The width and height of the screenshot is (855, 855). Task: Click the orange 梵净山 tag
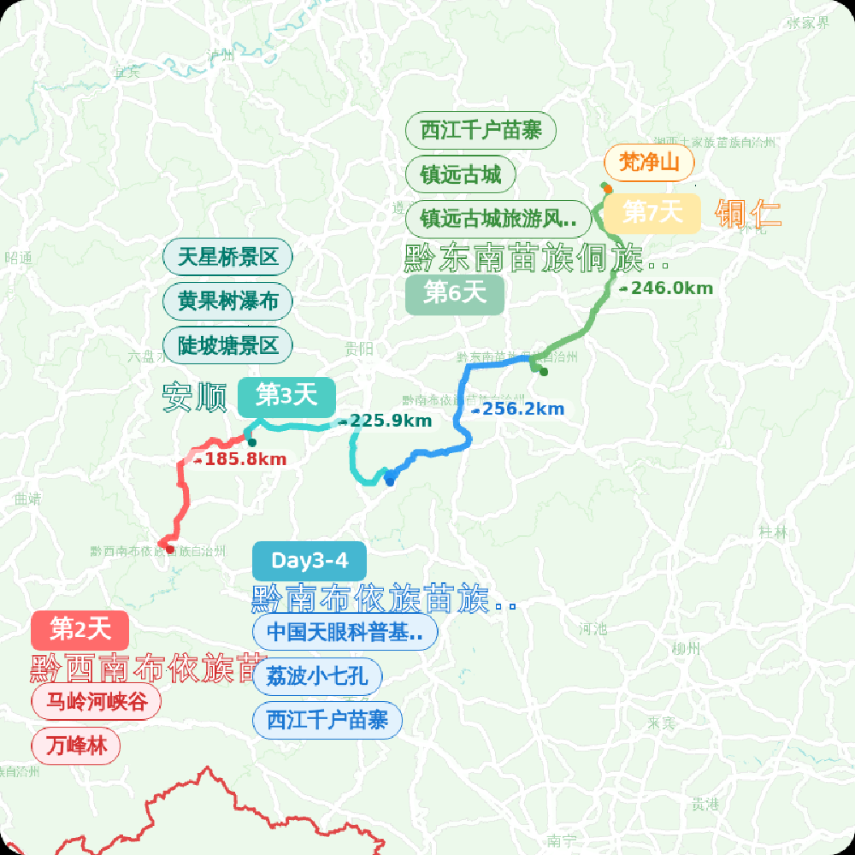point(649,162)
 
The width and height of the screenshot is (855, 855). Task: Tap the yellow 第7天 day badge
point(652,212)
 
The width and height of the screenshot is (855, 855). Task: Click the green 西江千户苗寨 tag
point(481,131)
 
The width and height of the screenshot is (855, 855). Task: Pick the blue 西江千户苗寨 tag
point(327,720)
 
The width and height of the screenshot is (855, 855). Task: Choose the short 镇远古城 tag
point(460,175)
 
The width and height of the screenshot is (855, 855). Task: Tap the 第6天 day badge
point(454,293)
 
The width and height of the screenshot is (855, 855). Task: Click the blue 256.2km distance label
point(518,410)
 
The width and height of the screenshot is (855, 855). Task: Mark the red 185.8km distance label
point(240,460)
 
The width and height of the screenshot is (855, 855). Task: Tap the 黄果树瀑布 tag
point(227,301)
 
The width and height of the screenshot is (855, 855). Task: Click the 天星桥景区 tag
point(227,256)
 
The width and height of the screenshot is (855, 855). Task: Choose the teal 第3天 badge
point(286,396)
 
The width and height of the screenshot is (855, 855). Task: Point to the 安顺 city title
point(195,398)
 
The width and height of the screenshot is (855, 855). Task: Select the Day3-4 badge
point(310,561)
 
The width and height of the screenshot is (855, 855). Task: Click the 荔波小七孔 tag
point(316,676)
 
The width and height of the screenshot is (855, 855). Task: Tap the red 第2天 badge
point(80,631)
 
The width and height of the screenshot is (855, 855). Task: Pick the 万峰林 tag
point(76,746)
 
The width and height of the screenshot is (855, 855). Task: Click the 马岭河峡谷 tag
point(96,703)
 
